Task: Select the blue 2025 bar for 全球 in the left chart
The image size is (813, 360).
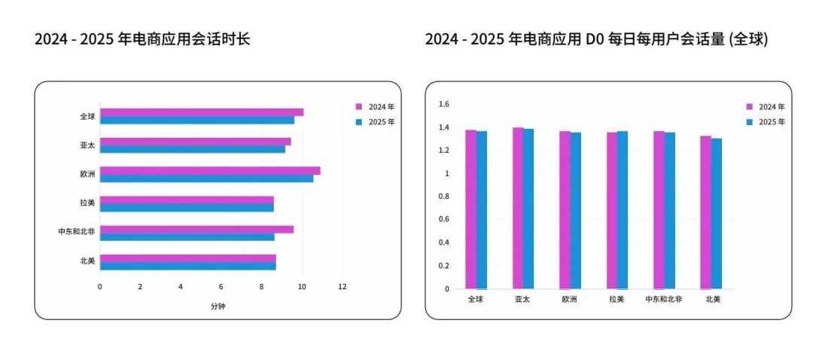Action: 196,120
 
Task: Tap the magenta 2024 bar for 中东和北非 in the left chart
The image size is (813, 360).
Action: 196,229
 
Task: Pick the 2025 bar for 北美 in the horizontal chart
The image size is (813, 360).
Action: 187,266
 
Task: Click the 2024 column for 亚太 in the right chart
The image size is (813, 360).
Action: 518,208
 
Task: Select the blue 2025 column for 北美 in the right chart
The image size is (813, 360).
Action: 717,213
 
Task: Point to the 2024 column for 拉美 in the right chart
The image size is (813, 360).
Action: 612,211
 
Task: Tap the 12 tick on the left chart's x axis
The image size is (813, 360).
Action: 343,287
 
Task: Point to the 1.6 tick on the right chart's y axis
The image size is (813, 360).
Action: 444,104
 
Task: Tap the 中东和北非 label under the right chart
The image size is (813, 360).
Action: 664,299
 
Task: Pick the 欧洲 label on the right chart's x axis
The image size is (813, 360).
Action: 570,299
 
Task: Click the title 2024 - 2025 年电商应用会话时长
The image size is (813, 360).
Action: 142,39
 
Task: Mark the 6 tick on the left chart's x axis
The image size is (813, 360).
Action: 221,287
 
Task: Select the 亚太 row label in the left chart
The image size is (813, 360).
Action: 87,145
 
